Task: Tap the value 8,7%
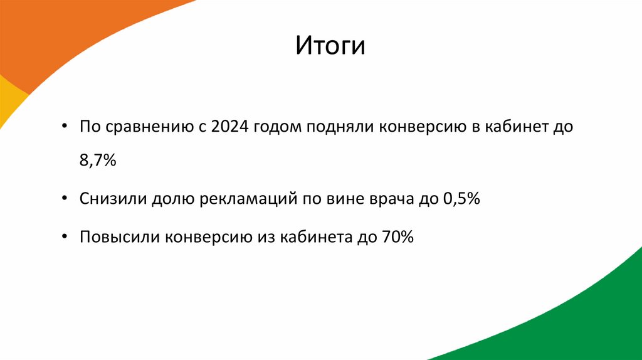coord(98,162)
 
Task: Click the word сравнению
coord(146,127)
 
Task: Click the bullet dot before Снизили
coord(66,199)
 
